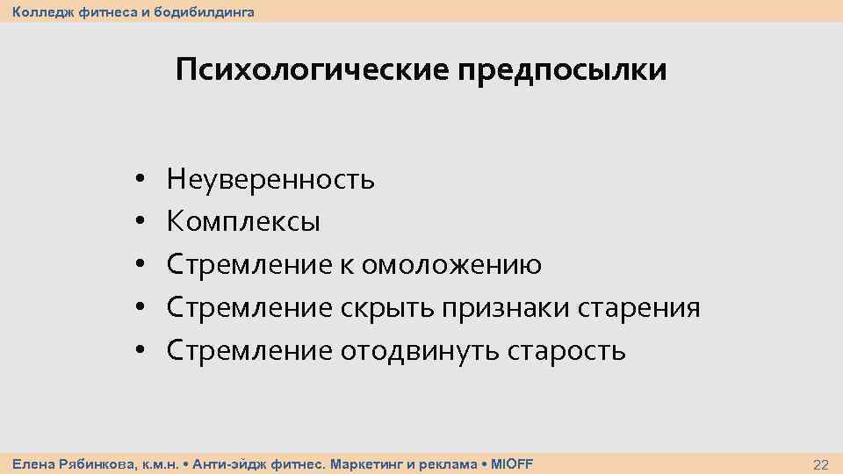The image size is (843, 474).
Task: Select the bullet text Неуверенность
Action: click(x=270, y=180)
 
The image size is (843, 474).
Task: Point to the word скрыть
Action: click(x=386, y=308)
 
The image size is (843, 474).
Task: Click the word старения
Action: click(x=639, y=308)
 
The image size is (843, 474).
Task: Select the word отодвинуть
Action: click(x=418, y=351)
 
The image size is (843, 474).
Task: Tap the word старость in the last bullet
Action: click(x=566, y=351)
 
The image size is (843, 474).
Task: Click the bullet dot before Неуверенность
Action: click(x=140, y=181)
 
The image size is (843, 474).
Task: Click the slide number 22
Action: click(x=821, y=463)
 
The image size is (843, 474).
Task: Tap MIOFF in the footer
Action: click(x=511, y=463)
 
